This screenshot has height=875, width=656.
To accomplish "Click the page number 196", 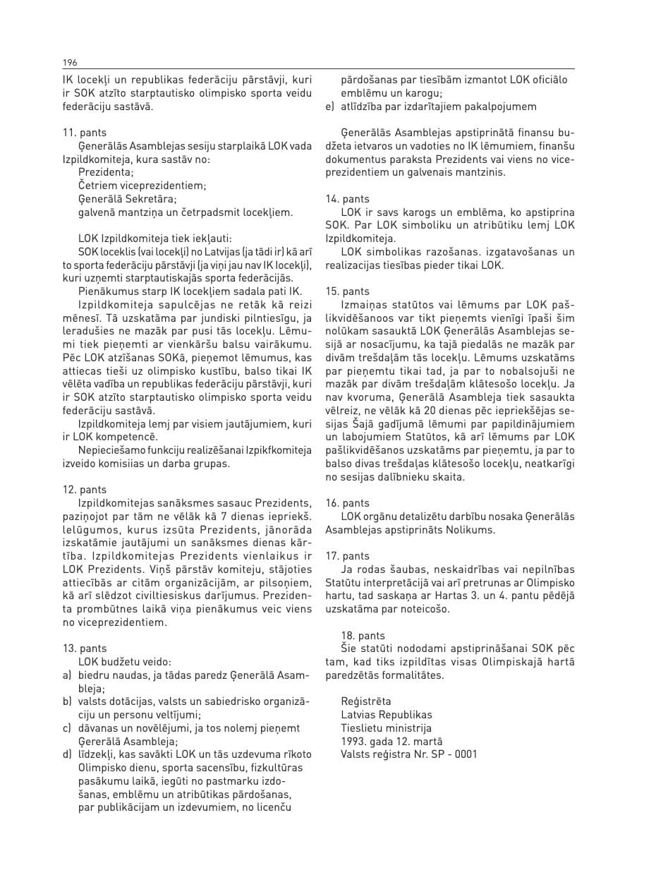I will coord(69,62).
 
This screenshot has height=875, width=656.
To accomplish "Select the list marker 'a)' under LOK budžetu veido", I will coord(68,675).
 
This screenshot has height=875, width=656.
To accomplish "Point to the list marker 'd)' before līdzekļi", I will coord(68,755).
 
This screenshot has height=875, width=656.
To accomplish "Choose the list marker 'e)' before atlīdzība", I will coord(329,107).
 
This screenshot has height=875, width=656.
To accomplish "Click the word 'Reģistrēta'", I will coord(365,702).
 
